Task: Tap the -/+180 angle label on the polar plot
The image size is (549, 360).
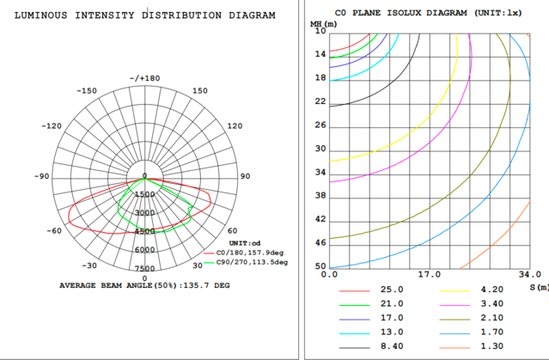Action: pos(144,78)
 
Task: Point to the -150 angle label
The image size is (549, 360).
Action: pos(86,91)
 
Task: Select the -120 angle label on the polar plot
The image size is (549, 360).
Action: pos(53,125)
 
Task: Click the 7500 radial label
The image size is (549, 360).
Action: pos(144,268)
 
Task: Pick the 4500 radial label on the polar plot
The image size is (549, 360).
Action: pos(144,231)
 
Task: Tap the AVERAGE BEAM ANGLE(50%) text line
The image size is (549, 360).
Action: pos(144,284)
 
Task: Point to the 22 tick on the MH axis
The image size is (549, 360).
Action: pos(321,101)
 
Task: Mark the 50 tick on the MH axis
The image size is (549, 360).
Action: pos(321,267)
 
